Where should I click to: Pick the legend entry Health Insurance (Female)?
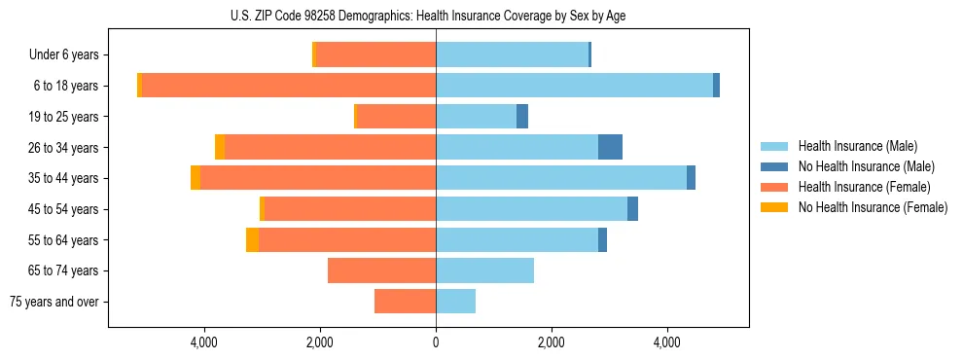tap(857, 187)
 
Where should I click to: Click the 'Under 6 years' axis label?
tap(63, 55)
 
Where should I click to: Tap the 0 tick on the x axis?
tap(436, 343)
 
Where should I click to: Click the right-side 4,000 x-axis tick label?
tap(667, 343)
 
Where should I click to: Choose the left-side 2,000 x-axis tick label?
tap(320, 343)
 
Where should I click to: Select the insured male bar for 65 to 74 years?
tap(484, 270)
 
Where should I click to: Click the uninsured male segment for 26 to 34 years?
tap(610, 147)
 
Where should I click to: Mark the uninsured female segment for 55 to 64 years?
tap(252, 239)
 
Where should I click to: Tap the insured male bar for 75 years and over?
tap(455, 302)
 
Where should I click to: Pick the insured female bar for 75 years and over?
tap(405, 302)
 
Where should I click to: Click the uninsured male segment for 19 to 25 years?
tap(522, 117)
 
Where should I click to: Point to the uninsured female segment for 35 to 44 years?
tap(196, 178)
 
